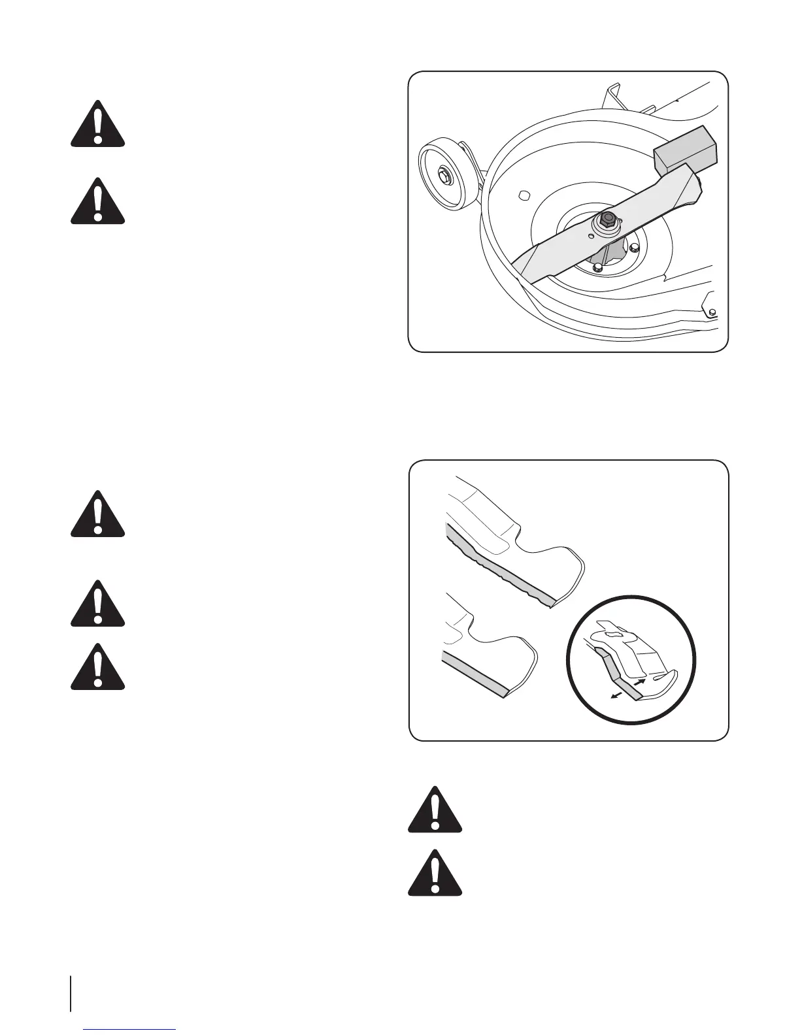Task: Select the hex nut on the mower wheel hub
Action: tap(444, 174)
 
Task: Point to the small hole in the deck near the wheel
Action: tap(523, 194)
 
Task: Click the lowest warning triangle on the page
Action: tap(435, 872)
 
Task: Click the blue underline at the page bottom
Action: tap(130, 1030)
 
